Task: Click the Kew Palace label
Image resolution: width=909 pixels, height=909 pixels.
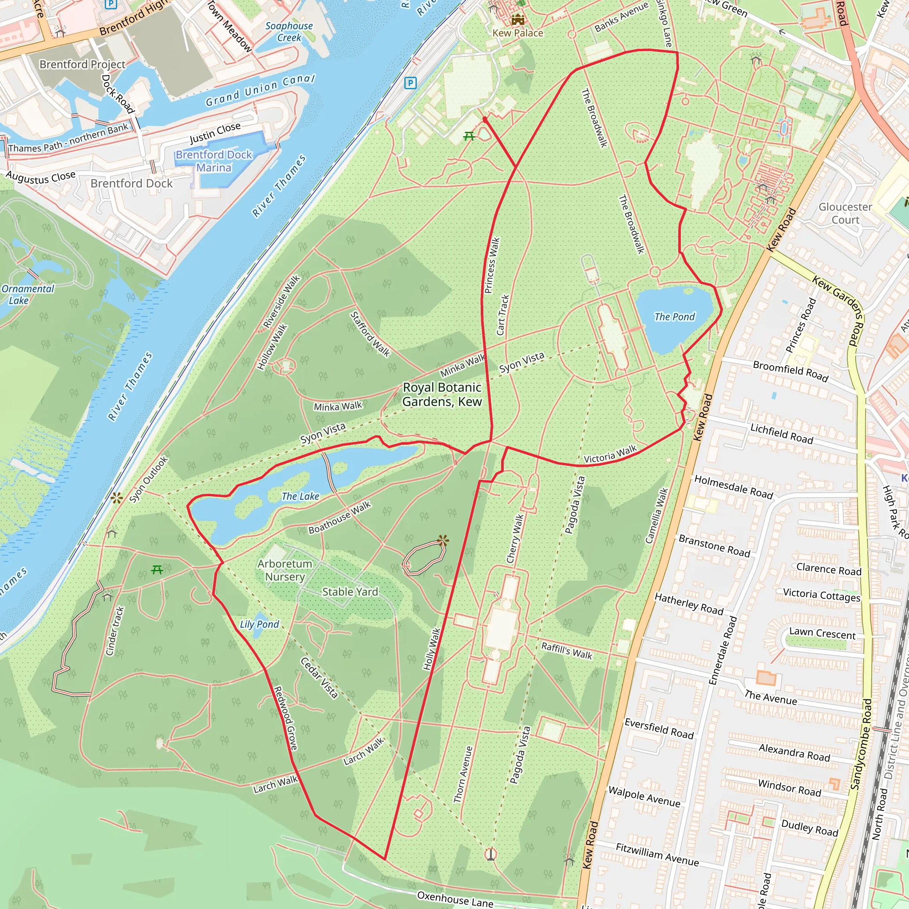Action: (518, 33)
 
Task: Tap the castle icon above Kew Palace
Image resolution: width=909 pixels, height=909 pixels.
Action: (518, 19)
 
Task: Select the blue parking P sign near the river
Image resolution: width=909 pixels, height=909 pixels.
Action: (410, 83)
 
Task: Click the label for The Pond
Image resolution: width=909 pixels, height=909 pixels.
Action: (674, 316)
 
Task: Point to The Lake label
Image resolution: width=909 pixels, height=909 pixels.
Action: (300, 496)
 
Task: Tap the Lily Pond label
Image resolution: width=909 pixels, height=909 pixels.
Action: (259, 624)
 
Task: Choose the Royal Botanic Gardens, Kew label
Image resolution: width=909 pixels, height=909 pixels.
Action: (442, 394)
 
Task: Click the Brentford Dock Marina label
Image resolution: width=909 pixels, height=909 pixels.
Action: (214, 161)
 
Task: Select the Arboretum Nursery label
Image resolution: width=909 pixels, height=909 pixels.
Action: (285, 570)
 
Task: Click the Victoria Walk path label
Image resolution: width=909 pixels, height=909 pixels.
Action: (610, 454)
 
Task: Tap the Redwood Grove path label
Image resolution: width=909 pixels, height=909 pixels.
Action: (285, 718)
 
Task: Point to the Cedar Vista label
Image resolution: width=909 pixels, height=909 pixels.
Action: (319, 677)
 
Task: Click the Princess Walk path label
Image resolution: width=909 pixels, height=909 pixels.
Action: (492, 265)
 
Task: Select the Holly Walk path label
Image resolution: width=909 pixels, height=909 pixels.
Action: (431, 649)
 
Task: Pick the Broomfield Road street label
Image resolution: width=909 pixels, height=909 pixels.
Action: (790, 371)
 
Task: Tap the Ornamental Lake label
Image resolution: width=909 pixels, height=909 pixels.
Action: (28, 295)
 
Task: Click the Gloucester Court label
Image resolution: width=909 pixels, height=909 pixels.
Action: (846, 213)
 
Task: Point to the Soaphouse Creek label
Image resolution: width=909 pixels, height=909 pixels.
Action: (289, 32)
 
